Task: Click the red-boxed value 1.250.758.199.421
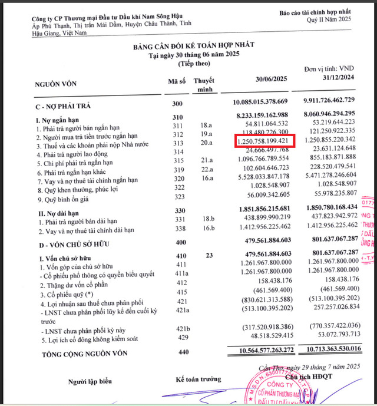(262, 141)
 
